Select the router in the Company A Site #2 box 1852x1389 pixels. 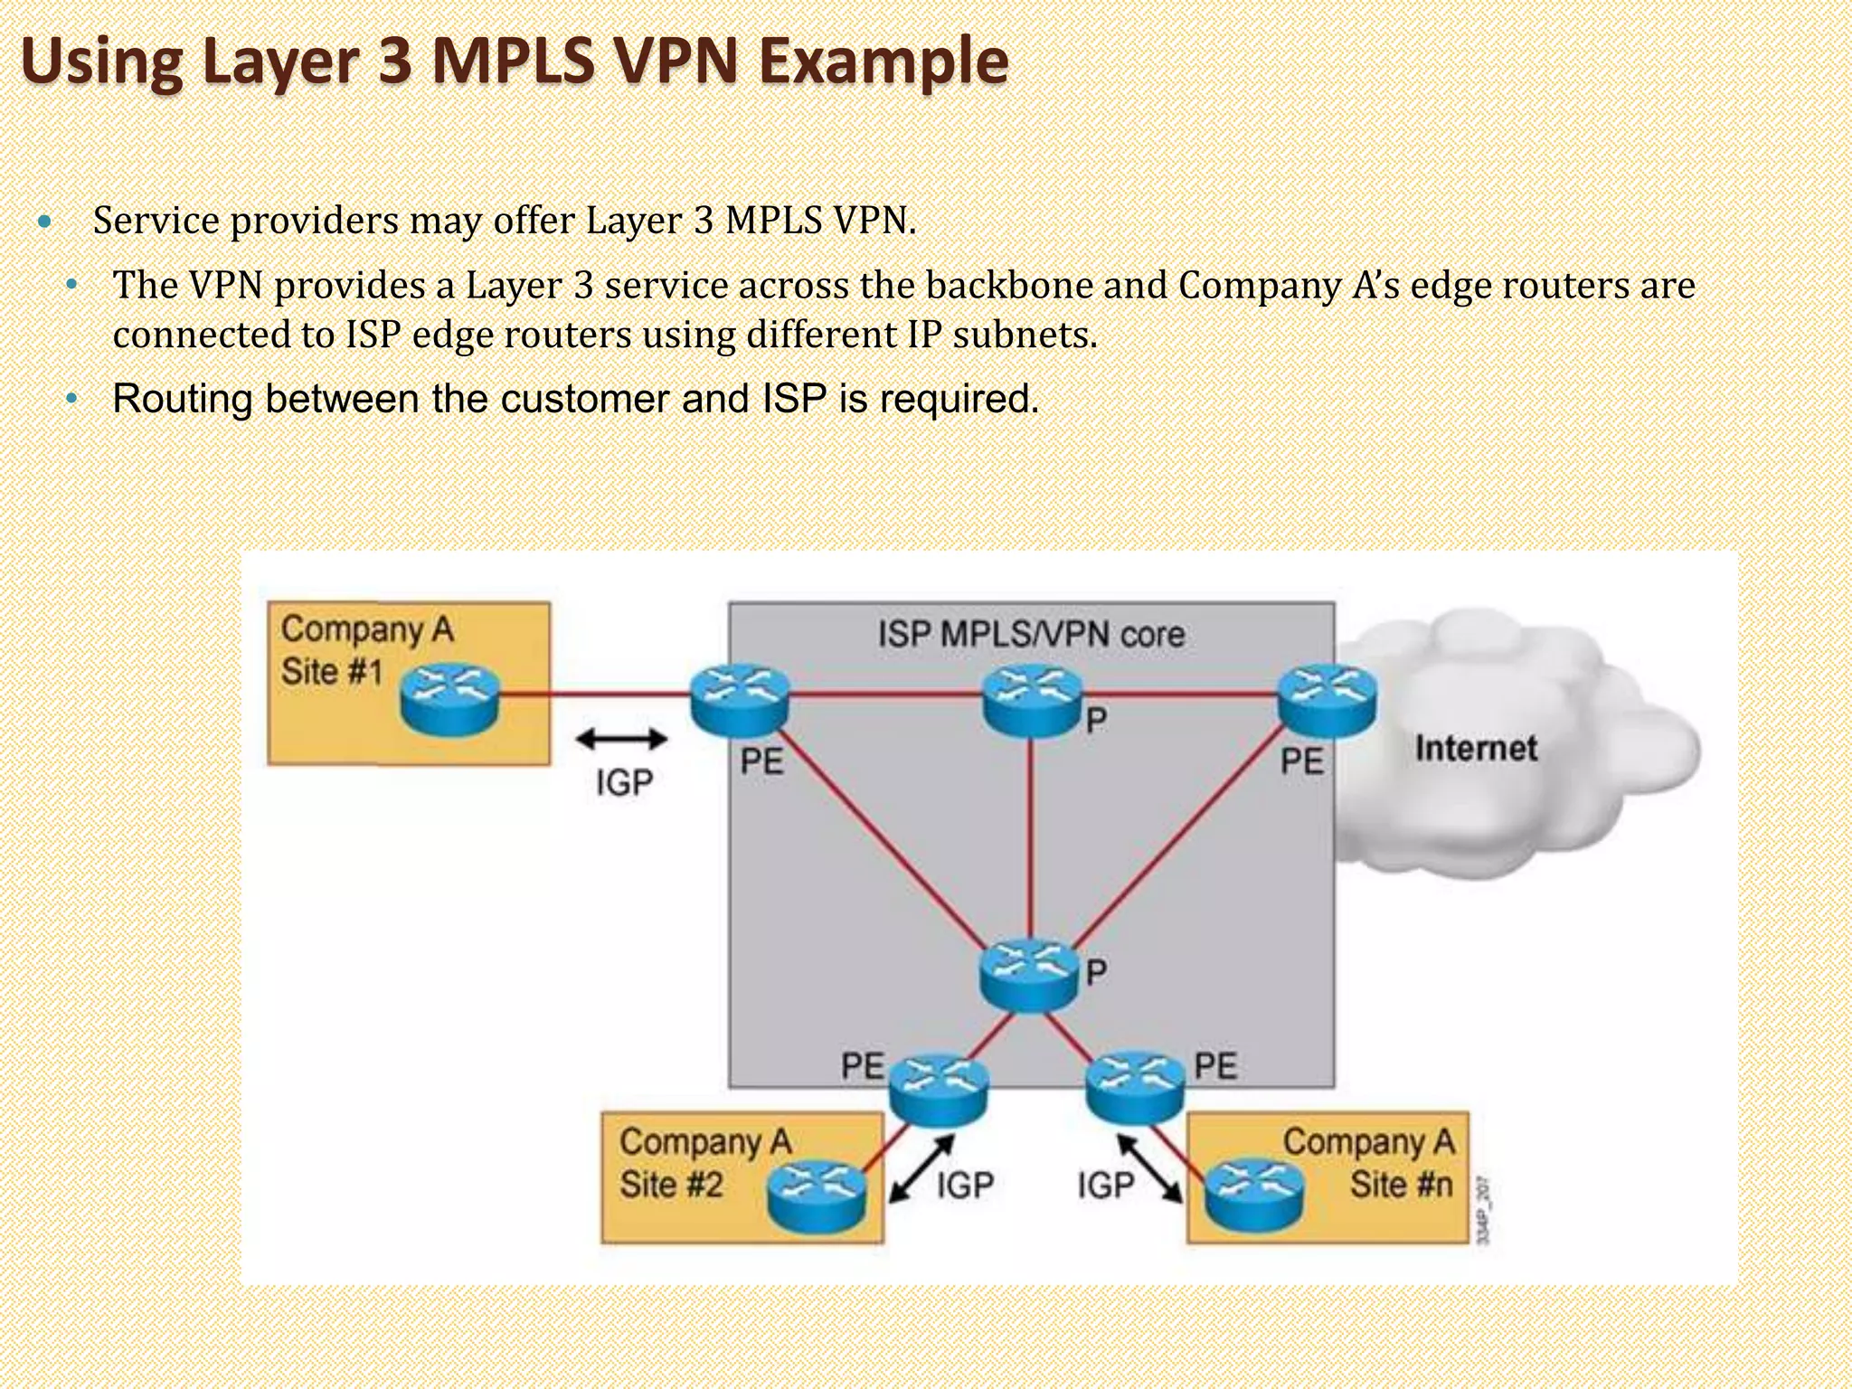tap(817, 1194)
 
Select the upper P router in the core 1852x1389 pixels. tap(1032, 699)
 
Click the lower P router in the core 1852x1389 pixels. tap(1029, 975)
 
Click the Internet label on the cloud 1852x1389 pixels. tap(1475, 748)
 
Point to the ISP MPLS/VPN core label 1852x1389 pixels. tap(1031, 634)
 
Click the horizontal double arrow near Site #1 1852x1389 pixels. tap(621, 740)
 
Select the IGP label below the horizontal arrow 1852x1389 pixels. tap(624, 782)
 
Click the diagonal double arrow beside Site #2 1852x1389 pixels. tap(921, 1168)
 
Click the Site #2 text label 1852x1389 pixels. tap(671, 1184)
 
